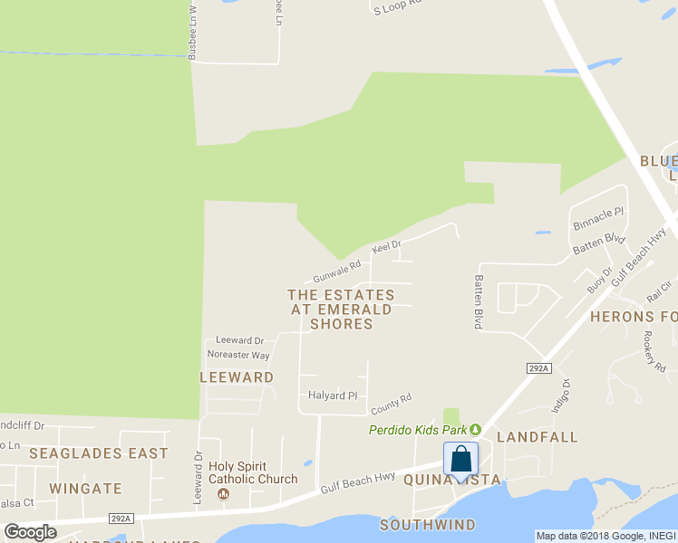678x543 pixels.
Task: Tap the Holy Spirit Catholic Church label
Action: [253, 473]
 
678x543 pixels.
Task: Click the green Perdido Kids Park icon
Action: [474, 430]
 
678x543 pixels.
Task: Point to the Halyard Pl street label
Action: [334, 395]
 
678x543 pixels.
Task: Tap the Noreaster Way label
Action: [238, 356]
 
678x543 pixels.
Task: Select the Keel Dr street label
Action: [385, 246]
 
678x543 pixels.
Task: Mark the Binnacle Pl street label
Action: [598, 217]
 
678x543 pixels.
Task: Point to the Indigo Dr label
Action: [561, 395]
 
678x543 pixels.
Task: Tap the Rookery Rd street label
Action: [654, 350]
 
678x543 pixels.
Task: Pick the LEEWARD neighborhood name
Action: [237, 376]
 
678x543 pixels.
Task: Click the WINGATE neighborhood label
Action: [85, 489]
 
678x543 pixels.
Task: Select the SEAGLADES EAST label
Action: [98, 452]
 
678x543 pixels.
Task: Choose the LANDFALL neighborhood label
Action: [537, 437]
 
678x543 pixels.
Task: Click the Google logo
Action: [30, 532]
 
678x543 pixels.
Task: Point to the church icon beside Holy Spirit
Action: [225, 494]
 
